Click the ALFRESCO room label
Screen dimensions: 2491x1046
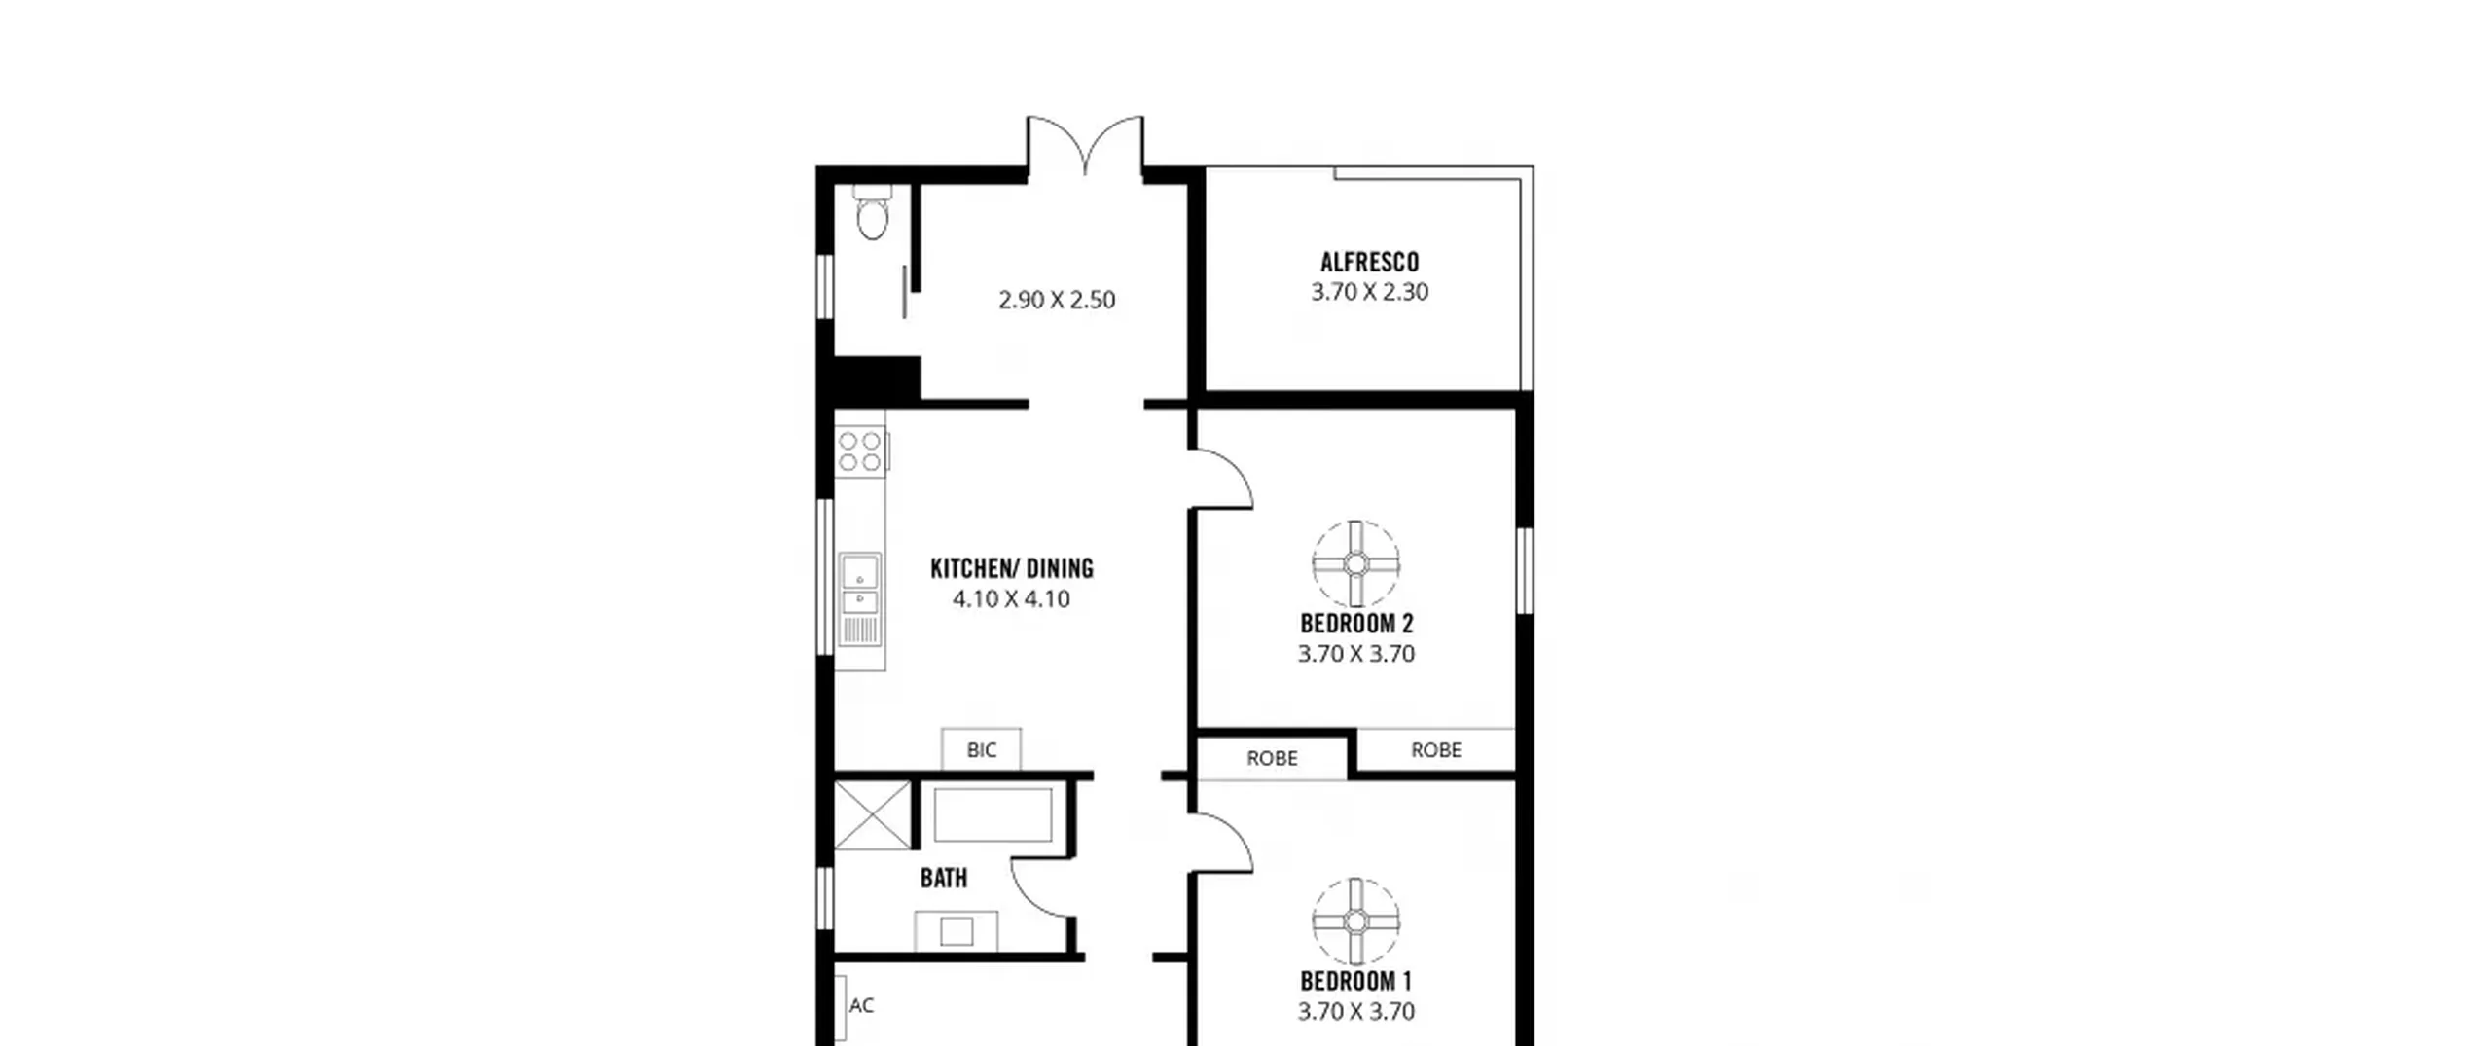coord(1369,262)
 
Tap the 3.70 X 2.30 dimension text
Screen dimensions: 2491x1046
coord(1369,292)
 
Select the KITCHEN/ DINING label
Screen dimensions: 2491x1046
coord(1012,568)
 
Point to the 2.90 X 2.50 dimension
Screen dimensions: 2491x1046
coord(1057,300)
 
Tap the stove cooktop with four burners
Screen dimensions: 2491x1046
coord(860,451)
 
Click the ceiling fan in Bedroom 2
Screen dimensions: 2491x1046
coord(1355,563)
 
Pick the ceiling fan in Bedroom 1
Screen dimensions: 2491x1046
coord(1355,921)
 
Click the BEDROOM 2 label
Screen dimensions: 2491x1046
coord(1356,624)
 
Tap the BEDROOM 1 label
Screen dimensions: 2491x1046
coord(1355,981)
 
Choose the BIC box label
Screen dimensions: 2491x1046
coord(982,750)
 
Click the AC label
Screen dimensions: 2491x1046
coord(861,1005)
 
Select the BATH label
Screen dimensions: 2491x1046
coord(944,878)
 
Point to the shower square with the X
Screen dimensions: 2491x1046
coord(873,814)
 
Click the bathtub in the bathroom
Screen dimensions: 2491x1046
coord(993,814)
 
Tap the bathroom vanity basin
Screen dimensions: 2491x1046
coord(957,931)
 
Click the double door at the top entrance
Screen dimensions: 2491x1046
coord(1085,146)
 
